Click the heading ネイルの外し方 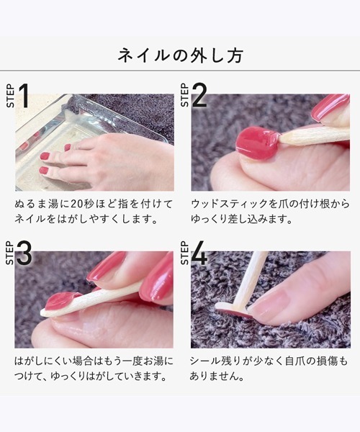pos(180,55)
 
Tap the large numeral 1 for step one pos(24,95)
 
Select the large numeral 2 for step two pos(199,95)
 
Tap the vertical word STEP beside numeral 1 pos(10,96)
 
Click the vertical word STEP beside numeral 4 pos(185,253)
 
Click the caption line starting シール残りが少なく pos(269,361)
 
